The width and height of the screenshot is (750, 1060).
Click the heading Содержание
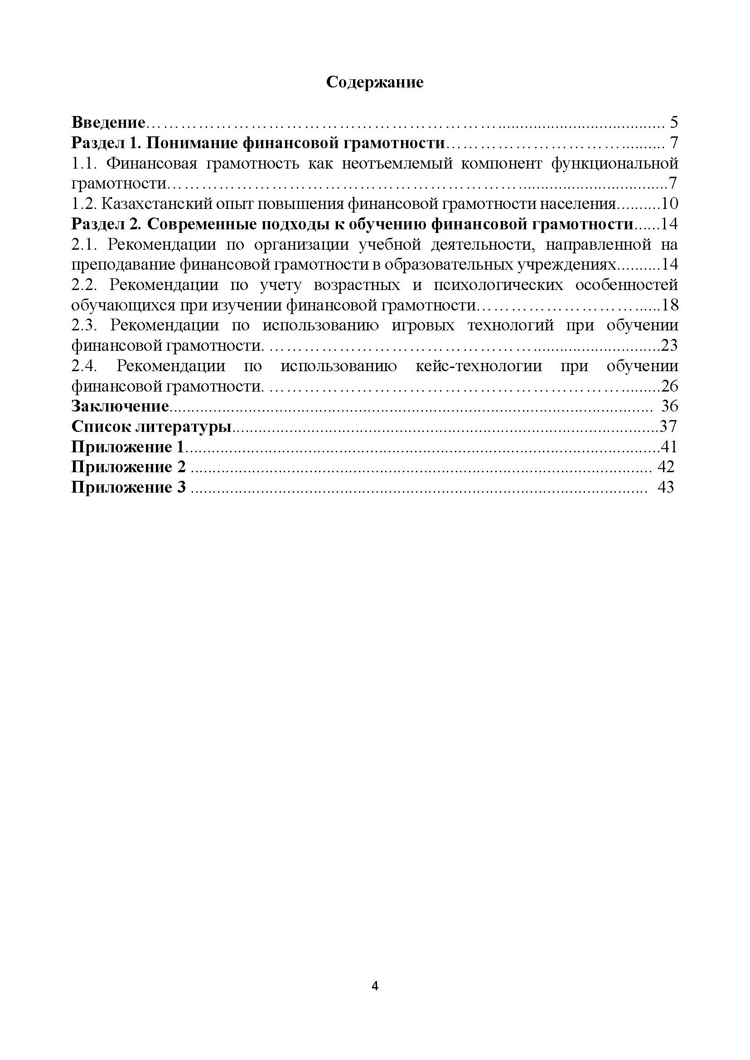pos(374,82)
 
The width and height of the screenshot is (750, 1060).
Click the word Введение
pos(108,123)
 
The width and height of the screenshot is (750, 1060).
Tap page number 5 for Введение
pos(673,123)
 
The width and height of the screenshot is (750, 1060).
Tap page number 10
pos(669,203)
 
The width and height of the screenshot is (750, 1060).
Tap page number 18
pos(669,305)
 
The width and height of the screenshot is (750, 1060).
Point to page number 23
pos(669,345)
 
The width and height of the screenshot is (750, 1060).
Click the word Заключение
pos(120,407)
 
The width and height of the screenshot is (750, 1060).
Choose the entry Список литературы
pos(151,427)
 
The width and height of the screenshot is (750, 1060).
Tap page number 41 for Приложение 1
pos(669,447)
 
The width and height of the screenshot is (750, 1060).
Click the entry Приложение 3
pos(128,487)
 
